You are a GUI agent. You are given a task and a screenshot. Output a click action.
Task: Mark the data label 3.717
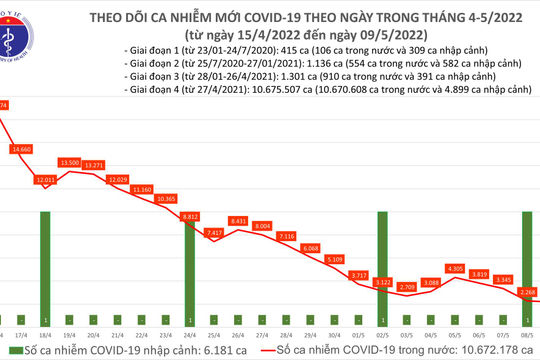pos(358,273)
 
